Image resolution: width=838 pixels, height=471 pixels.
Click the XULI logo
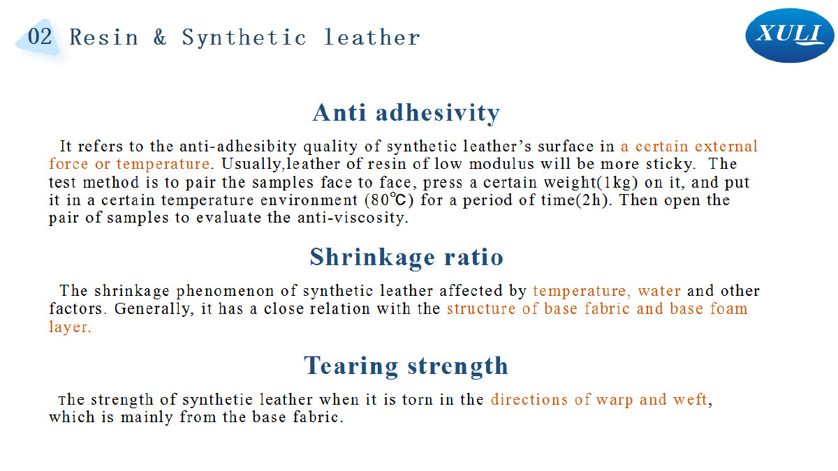point(789,36)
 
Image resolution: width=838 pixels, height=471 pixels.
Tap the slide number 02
point(40,36)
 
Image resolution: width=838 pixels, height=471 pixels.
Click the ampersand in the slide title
point(160,37)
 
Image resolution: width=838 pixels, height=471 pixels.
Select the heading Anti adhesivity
point(406,112)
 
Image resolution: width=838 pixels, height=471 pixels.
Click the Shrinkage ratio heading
point(406,257)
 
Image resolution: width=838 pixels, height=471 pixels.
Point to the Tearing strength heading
point(406,365)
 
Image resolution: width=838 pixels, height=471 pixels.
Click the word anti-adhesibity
point(238,146)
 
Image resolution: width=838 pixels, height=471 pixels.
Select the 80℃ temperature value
point(389,200)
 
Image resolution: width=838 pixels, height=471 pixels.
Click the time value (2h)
point(593,200)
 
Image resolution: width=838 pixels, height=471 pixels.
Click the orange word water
point(659,291)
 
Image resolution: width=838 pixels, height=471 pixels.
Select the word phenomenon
point(225,291)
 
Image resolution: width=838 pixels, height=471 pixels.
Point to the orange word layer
point(70,327)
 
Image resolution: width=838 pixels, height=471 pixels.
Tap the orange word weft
point(691,400)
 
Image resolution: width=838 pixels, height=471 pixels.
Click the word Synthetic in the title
point(244,38)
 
